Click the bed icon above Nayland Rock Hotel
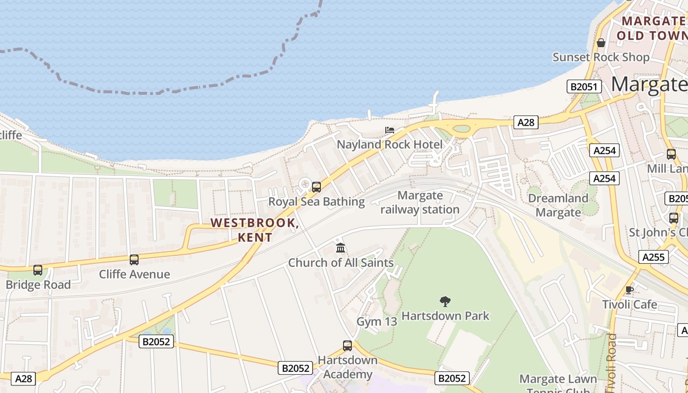(x=390, y=130)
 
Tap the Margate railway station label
(x=420, y=203)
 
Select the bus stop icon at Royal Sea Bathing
(x=316, y=187)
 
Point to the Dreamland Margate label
(x=558, y=205)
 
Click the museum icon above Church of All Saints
(x=341, y=248)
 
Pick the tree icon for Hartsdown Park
(x=445, y=301)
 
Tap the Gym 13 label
(x=376, y=322)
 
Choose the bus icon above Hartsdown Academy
(x=347, y=346)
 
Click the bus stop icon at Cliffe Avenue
(x=134, y=259)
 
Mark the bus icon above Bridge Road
(x=38, y=270)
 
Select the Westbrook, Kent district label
(x=255, y=230)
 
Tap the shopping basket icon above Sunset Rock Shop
(x=601, y=43)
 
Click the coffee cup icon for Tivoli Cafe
(x=630, y=290)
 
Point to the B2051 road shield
(x=584, y=87)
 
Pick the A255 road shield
(x=654, y=256)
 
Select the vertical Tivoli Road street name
(x=611, y=364)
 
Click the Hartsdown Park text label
(x=445, y=315)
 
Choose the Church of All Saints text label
(x=341, y=263)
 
